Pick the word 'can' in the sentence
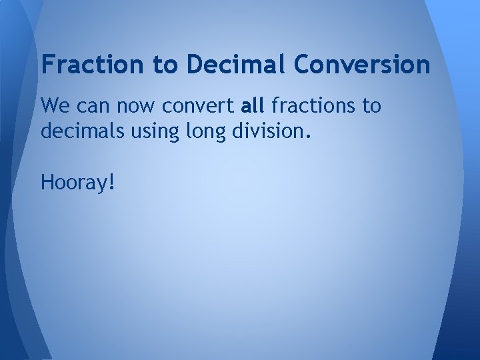89,105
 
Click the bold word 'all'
253,105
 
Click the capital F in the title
47,65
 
